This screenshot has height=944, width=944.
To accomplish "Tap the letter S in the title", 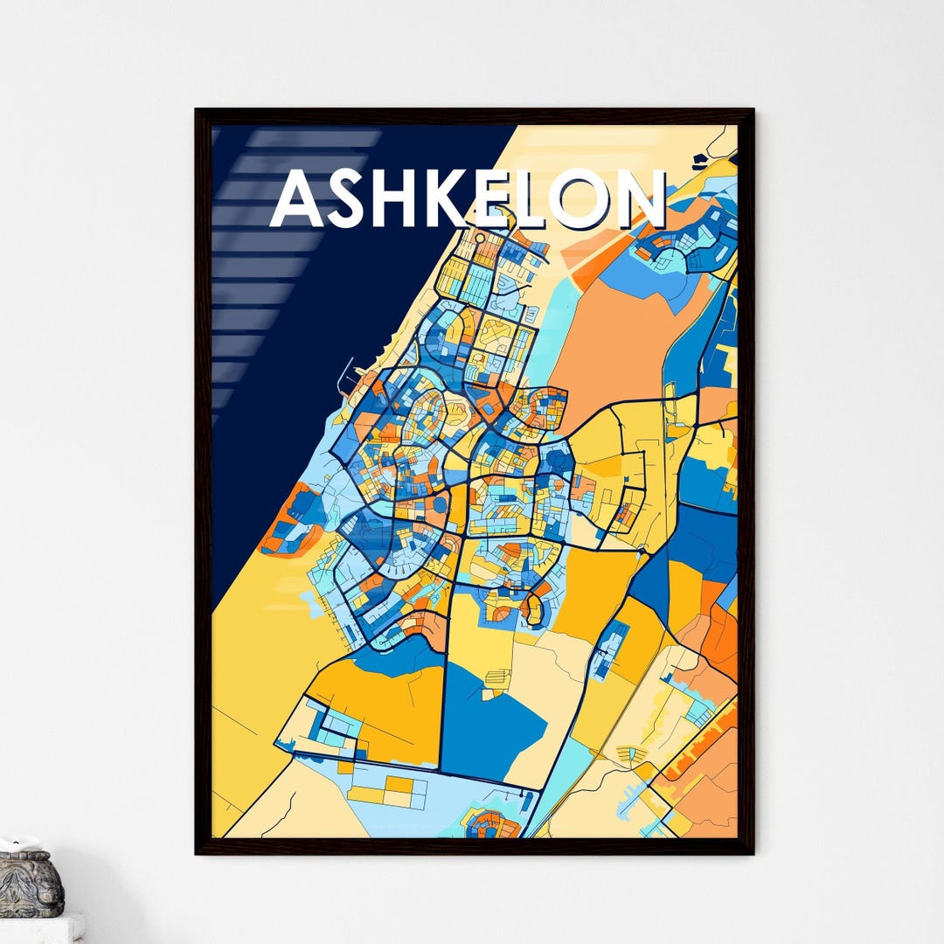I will pos(352,200).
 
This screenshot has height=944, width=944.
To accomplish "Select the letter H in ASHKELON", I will pos(405,200).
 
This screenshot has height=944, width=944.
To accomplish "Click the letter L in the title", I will pos(549,200).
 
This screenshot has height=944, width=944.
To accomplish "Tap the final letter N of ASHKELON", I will pos(647,200).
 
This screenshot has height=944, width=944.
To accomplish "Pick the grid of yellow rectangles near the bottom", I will pos(389,791).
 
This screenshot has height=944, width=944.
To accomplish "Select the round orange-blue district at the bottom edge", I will pos(491,824).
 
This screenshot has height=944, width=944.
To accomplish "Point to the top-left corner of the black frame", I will pos(198,112).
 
